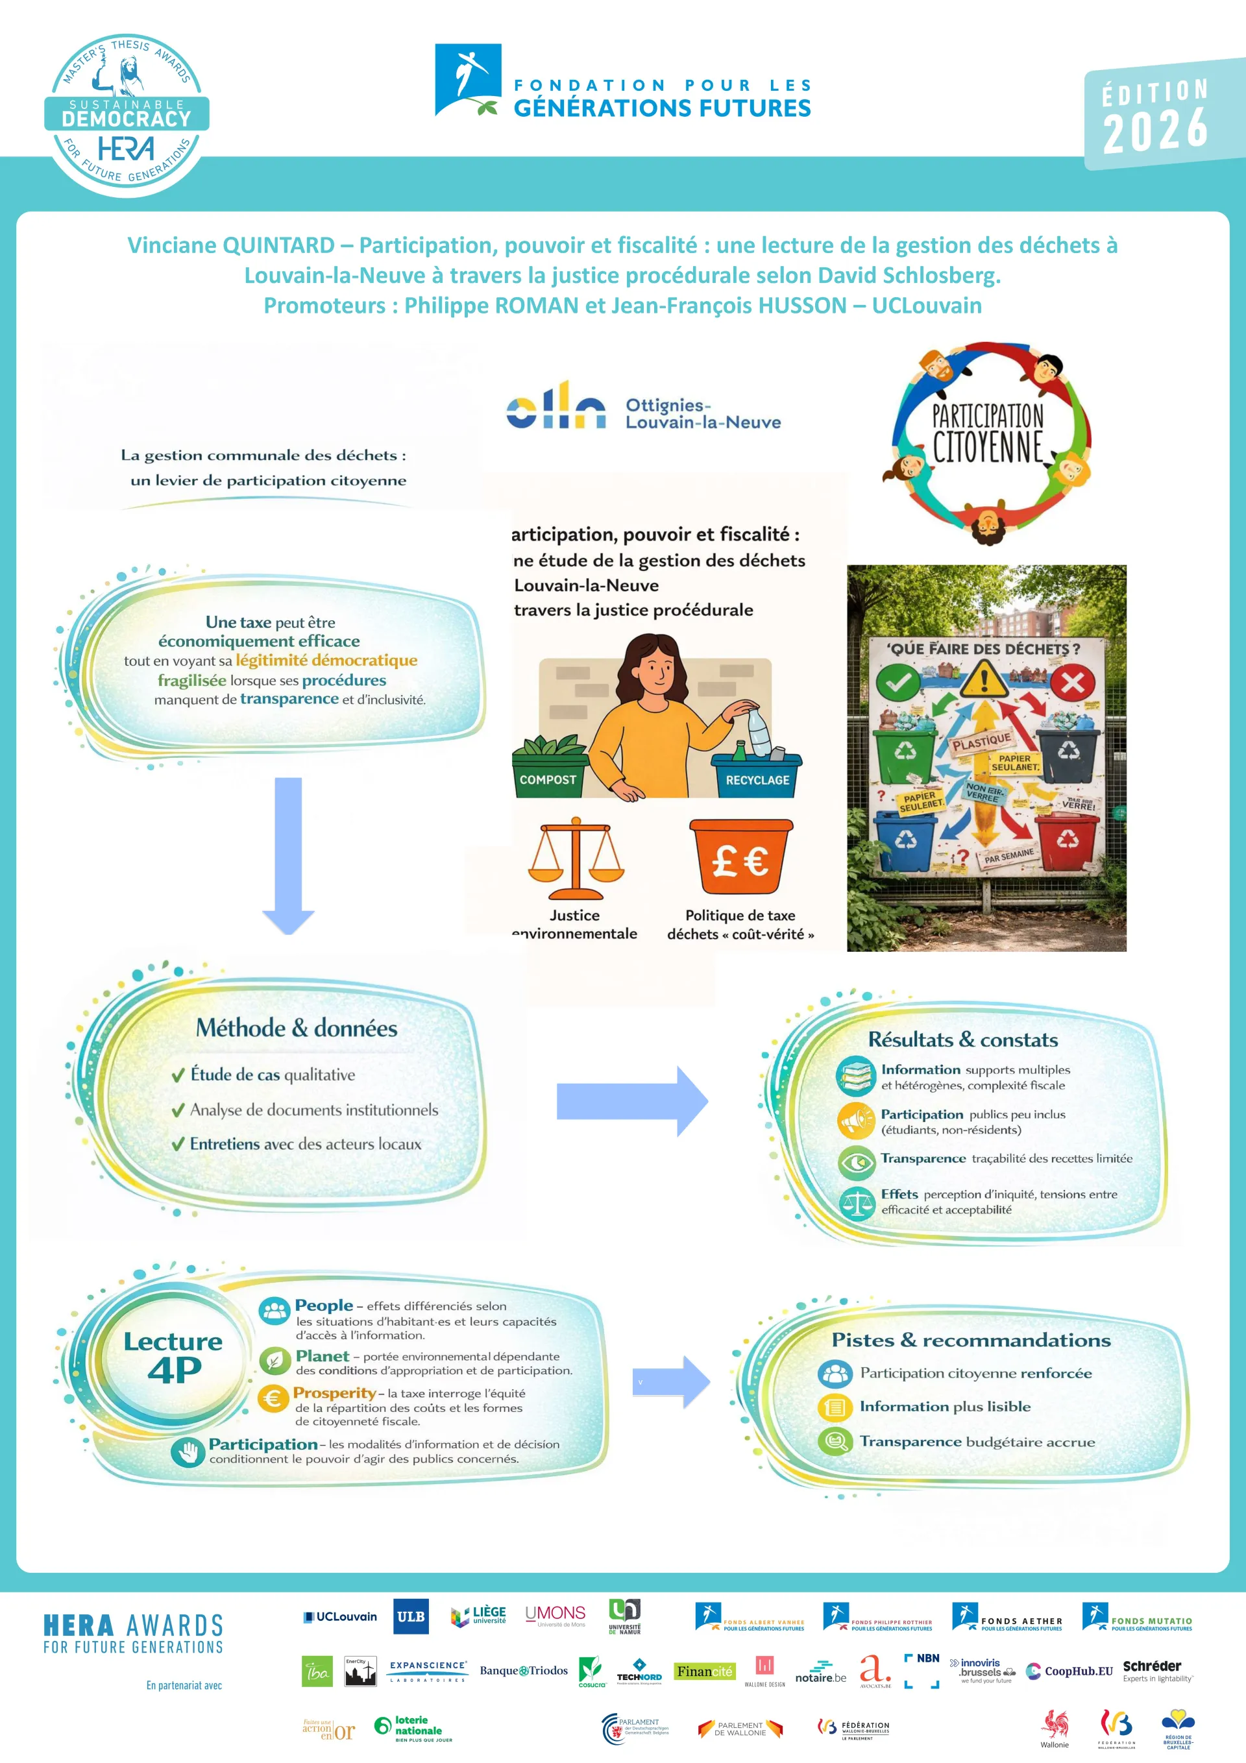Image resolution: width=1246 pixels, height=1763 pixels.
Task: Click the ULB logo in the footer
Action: point(410,1616)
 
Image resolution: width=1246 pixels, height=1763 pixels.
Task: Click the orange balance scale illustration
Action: point(576,858)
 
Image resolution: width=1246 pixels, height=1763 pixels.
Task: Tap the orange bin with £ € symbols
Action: point(741,856)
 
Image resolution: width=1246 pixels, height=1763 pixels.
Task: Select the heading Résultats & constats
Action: point(962,1040)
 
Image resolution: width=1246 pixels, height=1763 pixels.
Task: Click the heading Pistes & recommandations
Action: point(971,1340)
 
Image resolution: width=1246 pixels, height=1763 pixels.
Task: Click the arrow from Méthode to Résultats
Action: point(631,1101)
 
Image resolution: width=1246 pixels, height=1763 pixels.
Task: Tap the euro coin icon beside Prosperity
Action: point(273,1399)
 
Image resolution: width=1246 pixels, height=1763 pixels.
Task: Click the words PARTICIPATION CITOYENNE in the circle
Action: point(988,434)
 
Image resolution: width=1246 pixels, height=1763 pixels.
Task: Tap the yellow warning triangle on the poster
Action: point(984,678)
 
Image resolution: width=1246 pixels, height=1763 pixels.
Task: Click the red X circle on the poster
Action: point(1072,682)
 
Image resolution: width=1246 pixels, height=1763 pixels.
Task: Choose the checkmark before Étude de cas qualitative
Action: point(178,1076)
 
